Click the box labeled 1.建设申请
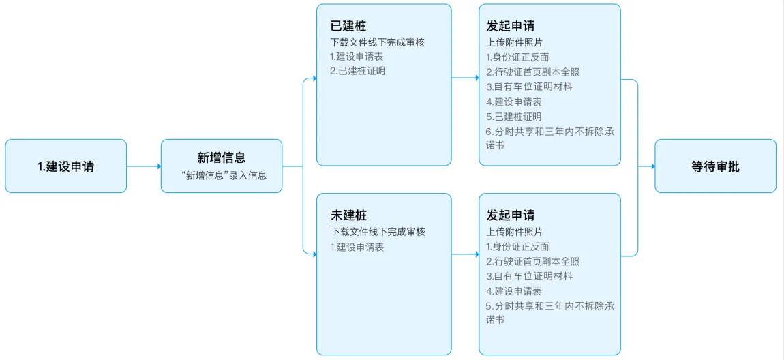66,166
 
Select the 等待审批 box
716,166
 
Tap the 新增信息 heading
222,158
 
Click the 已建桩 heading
348,26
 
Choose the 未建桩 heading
348,215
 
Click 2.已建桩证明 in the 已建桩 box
357,71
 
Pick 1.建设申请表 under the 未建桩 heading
357,247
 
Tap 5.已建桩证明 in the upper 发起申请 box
514,117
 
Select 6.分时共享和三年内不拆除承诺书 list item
550,138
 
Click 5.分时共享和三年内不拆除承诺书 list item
550,312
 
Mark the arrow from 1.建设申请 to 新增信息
143,166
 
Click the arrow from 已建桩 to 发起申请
465,78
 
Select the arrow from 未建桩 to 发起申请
465,254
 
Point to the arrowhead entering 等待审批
652,166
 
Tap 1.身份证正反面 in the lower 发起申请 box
517,247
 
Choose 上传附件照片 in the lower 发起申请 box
515,232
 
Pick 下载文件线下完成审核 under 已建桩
378,42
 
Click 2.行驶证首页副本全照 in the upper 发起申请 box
532,72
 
